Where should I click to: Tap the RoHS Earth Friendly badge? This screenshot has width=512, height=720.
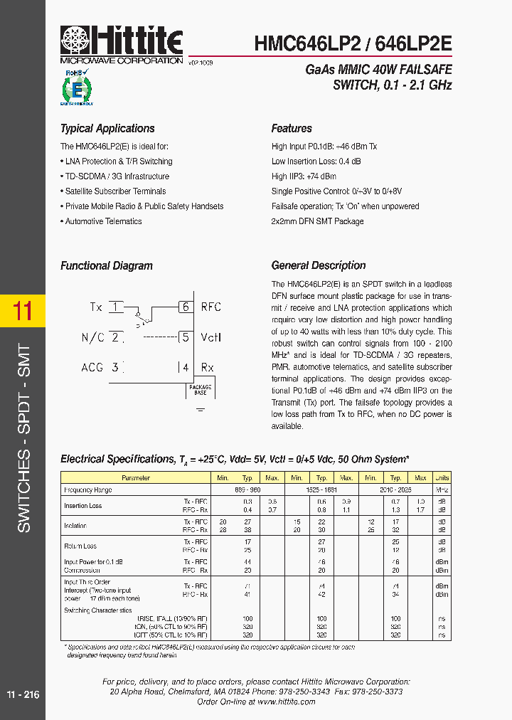tap(75, 88)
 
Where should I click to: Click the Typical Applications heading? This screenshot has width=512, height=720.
tap(107, 129)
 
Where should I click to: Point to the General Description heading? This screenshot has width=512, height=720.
tap(318, 265)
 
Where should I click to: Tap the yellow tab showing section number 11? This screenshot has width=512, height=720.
tap(23, 312)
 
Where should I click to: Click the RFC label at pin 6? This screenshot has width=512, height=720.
tap(211, 307)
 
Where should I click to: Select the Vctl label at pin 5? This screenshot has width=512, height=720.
tap(211, 337)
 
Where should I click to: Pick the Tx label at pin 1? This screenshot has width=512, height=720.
tap(96, 307)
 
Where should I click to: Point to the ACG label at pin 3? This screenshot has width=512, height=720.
tap(92, 367)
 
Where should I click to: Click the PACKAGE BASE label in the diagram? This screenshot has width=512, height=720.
tap(200, 390)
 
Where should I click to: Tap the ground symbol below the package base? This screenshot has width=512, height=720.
tap(200, 410)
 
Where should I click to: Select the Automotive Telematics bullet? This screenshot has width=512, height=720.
tap(103, 221)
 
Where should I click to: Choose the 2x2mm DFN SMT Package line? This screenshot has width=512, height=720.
tap(317, 221)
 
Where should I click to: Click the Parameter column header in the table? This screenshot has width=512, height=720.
tap(136, 478)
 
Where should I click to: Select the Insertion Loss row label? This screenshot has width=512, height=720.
tap(83, 506)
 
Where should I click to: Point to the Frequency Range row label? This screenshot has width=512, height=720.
tap(88, 490)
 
